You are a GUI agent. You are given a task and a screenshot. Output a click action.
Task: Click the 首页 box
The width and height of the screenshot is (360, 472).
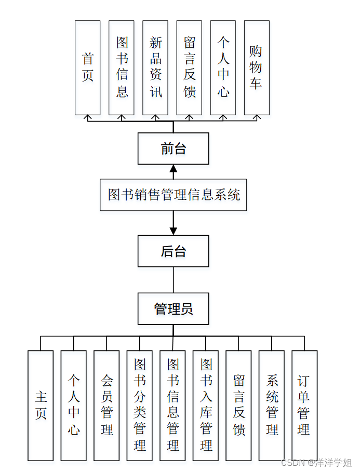pos(87,68)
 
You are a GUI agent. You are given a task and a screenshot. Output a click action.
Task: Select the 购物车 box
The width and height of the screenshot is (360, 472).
pos(256,68)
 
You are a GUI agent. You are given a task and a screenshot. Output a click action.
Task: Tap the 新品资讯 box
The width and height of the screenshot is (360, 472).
pos(155,68)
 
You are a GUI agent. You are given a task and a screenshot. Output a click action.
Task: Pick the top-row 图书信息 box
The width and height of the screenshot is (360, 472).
pos(122,68)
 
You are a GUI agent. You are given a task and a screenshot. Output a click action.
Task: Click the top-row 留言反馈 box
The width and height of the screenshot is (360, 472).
pos(189,68)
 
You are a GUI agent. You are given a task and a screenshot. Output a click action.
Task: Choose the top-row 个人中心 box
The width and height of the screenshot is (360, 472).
pos(223,68)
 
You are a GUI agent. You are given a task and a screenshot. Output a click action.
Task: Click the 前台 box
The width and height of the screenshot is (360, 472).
pos(174,149)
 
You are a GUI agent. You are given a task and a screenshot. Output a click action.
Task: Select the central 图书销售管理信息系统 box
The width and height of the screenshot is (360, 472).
pos(174,195)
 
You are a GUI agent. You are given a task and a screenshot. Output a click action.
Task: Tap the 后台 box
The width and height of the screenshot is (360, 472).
pos(174,251)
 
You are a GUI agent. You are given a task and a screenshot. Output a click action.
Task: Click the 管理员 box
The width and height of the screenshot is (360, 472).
pos(174,309)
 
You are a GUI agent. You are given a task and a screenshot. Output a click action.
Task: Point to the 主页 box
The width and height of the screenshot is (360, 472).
pos(41,406)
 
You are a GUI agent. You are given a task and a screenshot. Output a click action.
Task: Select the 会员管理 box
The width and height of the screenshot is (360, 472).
pos(106,406)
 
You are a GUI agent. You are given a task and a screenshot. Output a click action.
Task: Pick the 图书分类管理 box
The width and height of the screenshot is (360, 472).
pos(140,406)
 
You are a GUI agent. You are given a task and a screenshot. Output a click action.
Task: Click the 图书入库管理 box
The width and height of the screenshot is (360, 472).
pos(206,406)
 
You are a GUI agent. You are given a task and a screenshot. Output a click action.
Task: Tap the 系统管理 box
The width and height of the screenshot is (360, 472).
pos(272,406)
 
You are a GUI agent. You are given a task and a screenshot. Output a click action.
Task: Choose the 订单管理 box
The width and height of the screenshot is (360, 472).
pos(304,406)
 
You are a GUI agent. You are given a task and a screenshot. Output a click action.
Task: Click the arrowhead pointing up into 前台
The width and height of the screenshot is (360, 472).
pos(174,168)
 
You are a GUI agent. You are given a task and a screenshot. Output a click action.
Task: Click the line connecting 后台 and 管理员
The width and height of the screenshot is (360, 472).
pos(174,280)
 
